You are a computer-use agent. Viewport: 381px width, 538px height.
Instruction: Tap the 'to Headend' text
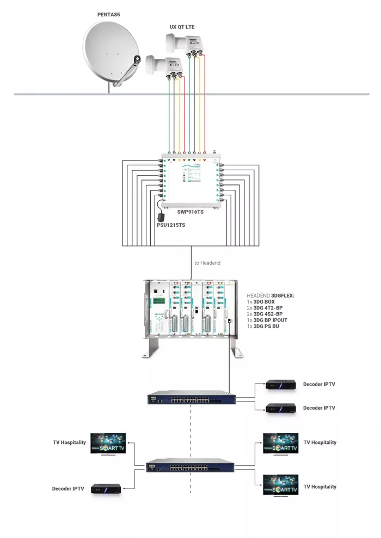coord(207,263)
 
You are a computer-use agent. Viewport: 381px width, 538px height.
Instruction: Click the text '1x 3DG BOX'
coord(261,301)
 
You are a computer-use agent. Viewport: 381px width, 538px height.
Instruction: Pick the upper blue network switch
coord(192,399)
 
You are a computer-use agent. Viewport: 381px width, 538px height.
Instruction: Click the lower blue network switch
coord(190,467)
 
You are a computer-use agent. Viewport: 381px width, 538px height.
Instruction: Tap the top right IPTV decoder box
coord(281,385)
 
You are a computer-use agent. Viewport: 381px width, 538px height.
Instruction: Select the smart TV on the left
coord(108,443)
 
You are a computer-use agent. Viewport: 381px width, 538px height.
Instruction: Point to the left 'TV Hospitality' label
coord(69,442)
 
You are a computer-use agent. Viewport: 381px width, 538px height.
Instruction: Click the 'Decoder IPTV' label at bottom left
coord(68,488)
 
